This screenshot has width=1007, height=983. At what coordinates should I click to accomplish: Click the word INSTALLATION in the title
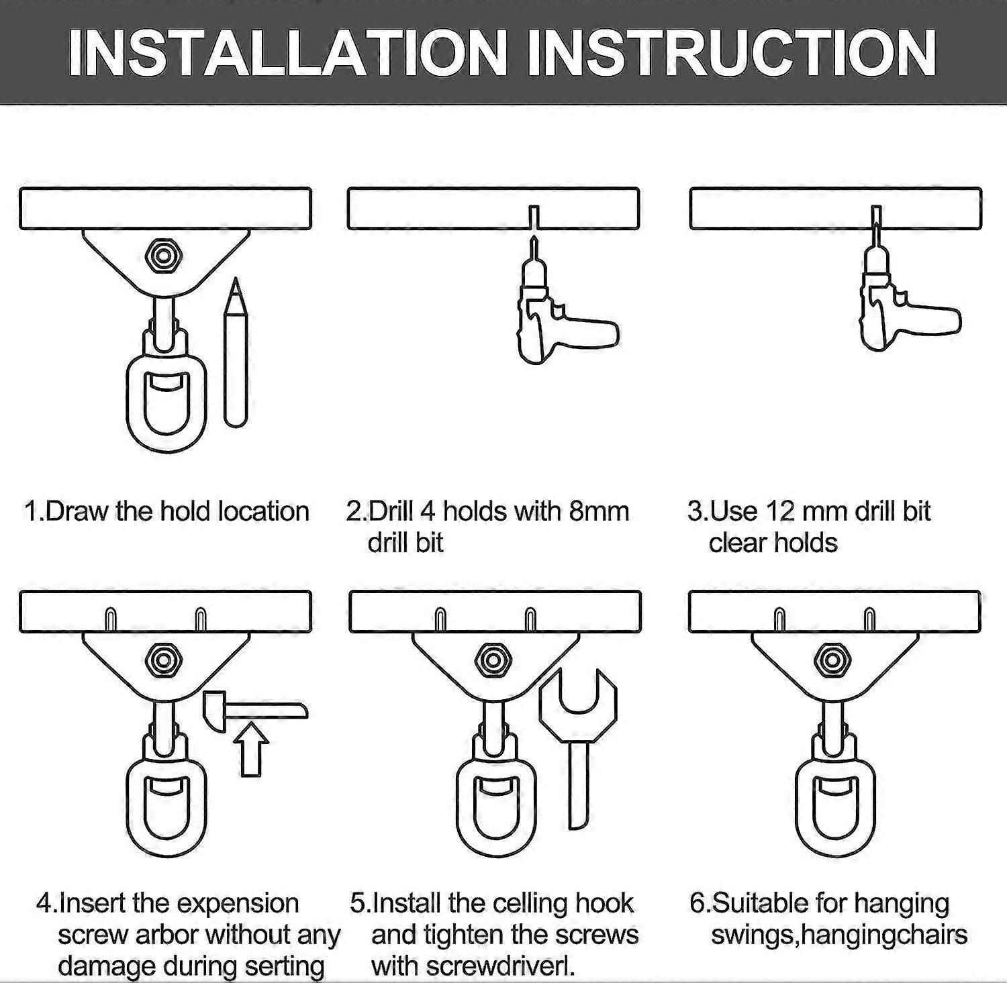287,54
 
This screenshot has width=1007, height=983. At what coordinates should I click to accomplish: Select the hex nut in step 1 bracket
162,256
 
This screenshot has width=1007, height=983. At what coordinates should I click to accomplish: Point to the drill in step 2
557,322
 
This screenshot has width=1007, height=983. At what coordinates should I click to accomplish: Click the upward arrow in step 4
252,748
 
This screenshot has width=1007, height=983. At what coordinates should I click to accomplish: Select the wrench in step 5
577,738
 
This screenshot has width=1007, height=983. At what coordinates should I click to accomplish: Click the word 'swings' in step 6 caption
752,935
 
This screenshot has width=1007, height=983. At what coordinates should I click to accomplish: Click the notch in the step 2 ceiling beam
533,217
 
